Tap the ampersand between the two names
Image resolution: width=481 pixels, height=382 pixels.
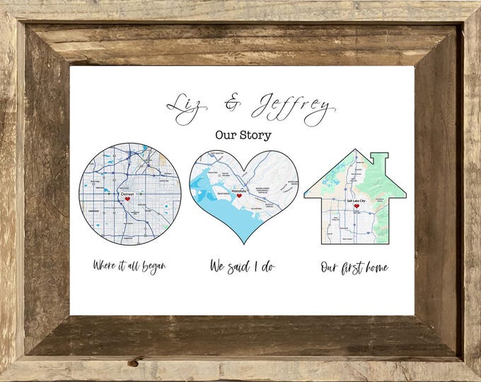point(231,106)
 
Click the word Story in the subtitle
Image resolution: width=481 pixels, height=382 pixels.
point(257,133)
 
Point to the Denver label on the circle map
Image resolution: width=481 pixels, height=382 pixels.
point(127,193)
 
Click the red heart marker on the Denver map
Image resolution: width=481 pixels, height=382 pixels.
point(128,199)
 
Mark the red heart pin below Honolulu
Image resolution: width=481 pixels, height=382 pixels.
point(240,196)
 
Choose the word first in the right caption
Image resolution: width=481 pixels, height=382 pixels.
point(347,267)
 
